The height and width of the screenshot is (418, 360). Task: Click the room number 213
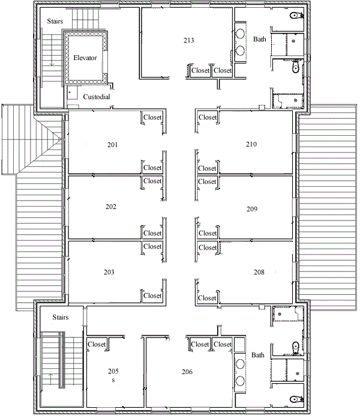188,40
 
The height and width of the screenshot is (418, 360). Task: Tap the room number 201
112,145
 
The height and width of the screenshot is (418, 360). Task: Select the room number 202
111,207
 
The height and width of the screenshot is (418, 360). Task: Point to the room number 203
109,272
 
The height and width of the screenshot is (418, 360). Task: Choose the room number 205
113,371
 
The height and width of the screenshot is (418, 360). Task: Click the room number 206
187,372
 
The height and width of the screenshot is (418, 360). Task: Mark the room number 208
259,272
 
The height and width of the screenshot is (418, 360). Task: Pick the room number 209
251,209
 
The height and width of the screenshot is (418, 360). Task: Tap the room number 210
251,144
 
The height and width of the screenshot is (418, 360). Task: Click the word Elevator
85,58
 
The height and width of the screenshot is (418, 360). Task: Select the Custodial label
97,97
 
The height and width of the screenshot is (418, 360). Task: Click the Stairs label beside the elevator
55,21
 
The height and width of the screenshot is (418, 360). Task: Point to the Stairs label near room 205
61,317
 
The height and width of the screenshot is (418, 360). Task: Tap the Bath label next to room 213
260,39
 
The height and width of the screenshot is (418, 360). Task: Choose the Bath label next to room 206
258,355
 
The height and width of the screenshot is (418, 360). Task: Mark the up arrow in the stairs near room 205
51,379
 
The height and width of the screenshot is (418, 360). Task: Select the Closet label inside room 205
97,344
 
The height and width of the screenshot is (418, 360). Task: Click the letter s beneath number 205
113,380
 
